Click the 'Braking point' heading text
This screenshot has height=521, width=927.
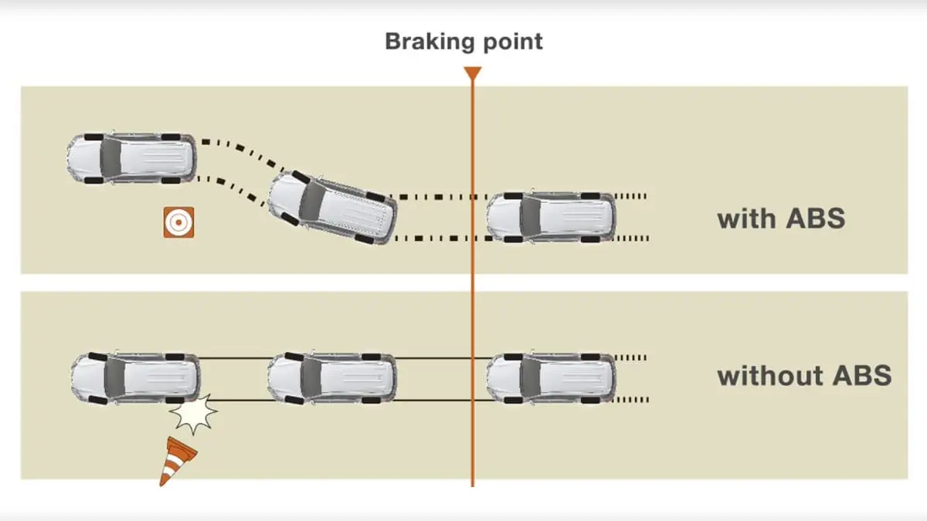click(463, 41)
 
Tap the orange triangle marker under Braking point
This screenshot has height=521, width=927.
click(472, 74)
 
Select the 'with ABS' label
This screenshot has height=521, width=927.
click(781, 218)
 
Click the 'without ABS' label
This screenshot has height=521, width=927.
click(804, 376)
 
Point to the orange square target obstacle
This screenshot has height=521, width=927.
click(178, 222)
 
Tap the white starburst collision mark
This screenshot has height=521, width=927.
click(193, 414)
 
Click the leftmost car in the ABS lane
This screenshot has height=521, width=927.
click(131, 158)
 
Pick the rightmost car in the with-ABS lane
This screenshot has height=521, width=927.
click(551, 216)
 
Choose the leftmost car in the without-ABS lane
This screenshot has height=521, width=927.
click(135, 378)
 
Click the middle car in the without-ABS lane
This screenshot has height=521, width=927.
click(332, 378)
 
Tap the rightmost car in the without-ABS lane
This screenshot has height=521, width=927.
click(551, 378)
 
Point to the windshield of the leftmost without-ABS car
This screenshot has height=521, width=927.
click(114, 378)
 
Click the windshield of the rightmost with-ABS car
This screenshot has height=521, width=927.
click(531, 216)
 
